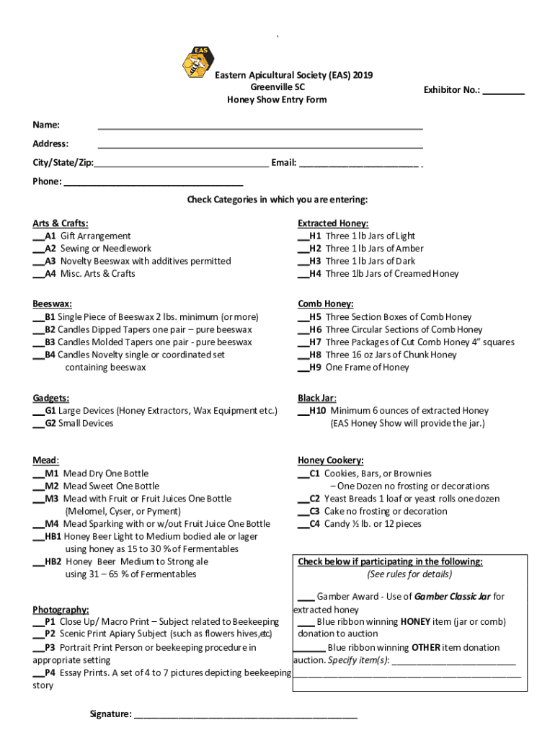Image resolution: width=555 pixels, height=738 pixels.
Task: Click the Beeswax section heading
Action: click(x=52, y=304)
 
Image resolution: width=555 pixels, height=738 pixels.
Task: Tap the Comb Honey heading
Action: click(x=325, y=304)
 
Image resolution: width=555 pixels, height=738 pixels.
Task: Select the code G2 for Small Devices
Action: click(x=50, y=423)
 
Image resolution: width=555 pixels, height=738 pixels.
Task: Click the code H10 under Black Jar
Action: click(x=318, y=411)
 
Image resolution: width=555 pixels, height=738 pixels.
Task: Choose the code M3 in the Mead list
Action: click(x=52, y=499)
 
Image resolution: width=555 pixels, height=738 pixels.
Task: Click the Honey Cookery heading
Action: click(x=330, y=461)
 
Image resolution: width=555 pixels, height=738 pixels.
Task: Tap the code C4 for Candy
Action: click(x=315, y=524)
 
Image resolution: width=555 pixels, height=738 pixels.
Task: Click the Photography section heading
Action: click(x=61, y=609)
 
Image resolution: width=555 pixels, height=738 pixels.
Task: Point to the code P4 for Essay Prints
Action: click(x=50, y=673)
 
